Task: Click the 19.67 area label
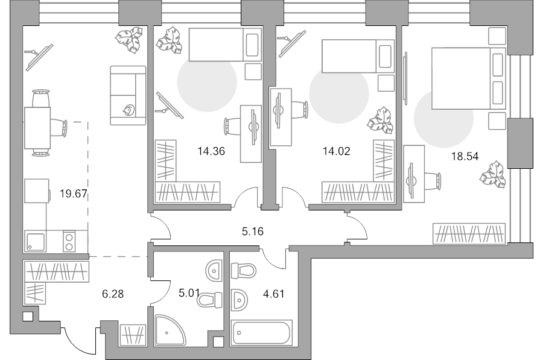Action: [x=74, y=194]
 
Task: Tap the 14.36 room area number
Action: [x=211, y=151]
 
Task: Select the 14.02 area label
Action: [x=336, y=151]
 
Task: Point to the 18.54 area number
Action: [x=465, y=156]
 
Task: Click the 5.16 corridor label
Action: [x=253, y=231]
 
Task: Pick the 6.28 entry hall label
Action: [x=113, y=294]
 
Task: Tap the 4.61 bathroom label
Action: [x=274, y=294]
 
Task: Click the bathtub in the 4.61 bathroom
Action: [x=261, y=333]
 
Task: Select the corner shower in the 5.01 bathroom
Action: [x=170, y=330]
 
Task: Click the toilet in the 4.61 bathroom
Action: [x=244, y=271]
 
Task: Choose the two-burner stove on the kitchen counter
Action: [x=69, y=241]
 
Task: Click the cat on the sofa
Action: [x=129, y=110]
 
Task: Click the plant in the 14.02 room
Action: [x=380, y=120]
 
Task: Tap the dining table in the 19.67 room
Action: [x=37, y=128]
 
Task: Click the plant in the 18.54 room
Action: [x=492, y=174]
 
